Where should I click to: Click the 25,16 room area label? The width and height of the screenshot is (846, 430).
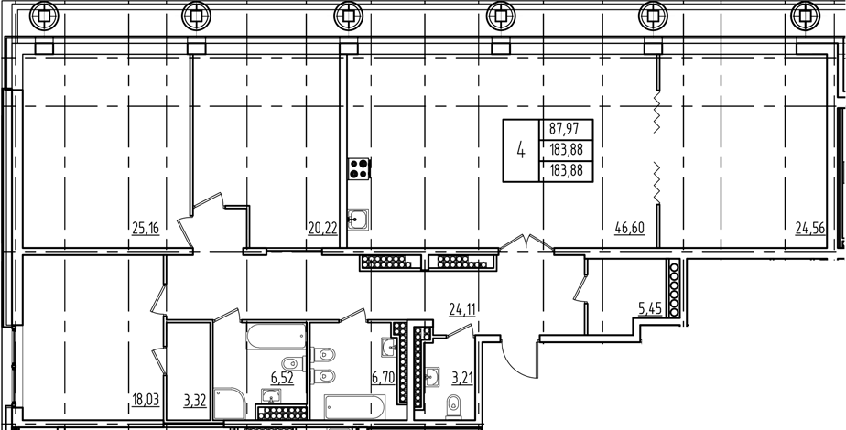click(146, 228)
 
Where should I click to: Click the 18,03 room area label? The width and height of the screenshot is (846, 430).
click(147, 398)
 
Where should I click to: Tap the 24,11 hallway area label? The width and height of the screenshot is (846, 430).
click(463, 308)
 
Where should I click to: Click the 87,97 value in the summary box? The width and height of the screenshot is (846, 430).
click(567, 130)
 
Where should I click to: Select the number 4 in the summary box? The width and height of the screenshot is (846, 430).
click(520, 150)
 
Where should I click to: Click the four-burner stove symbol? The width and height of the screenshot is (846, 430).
click(358, 168)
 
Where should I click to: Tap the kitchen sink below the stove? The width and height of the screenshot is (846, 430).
click(359, 218)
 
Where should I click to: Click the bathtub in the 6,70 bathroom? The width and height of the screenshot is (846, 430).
click(361, 405)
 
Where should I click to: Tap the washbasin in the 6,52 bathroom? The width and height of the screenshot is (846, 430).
click(270, 396)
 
